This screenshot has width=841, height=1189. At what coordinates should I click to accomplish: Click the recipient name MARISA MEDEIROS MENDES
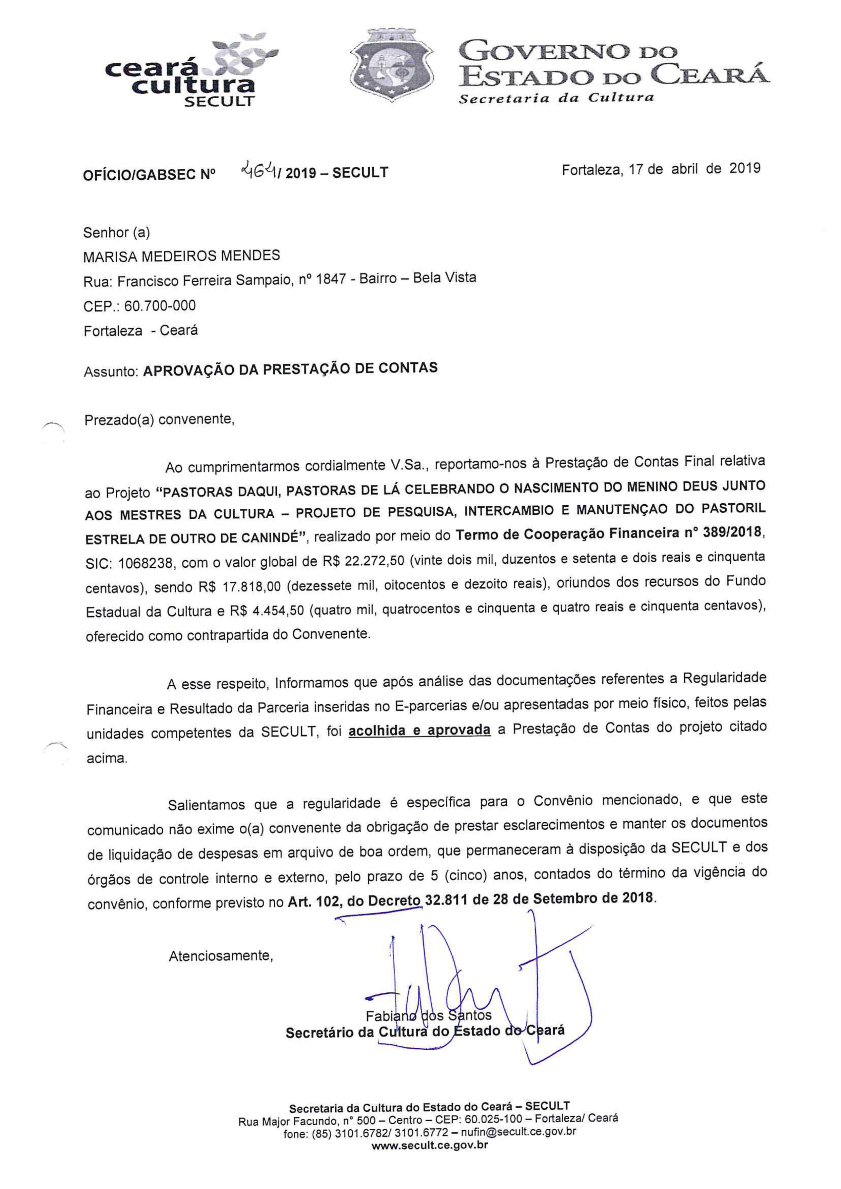coord(181,256)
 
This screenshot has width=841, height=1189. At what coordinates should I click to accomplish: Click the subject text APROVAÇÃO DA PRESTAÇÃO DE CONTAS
coord(290,369)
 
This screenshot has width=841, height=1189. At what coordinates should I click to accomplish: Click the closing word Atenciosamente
coord(221,955)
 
